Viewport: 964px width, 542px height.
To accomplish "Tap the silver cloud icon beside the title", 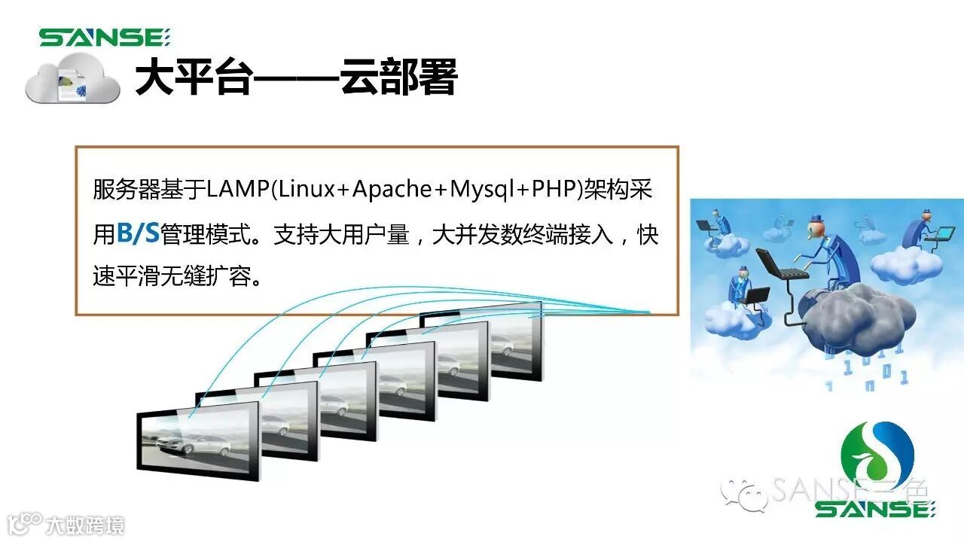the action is tap(72, 81).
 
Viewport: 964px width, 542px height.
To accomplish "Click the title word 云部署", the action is tap(398, 78).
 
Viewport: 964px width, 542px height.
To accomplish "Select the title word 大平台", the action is tap(192, 78).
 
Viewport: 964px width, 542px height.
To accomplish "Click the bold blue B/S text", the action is tap(138, 233).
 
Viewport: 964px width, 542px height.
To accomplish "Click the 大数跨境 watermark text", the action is tap(84, 525).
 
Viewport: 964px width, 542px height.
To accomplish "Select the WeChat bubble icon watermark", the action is tap(742, 493).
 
